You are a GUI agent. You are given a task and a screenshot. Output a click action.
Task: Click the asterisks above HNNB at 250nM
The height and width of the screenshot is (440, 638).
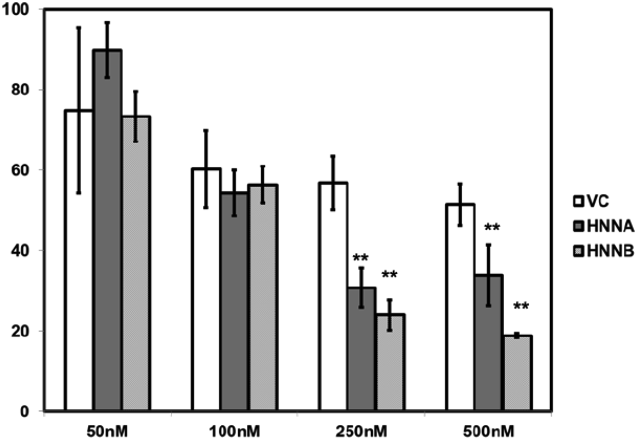click(389, 274)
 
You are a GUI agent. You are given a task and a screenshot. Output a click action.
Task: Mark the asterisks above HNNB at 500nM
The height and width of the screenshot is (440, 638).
click(521, 306)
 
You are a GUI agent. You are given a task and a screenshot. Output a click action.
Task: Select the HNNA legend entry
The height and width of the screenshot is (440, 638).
click(603, 227)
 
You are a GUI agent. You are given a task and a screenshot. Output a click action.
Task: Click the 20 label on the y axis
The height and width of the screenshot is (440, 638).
click(20, 331)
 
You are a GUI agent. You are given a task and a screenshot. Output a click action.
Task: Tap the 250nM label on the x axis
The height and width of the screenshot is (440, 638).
click(361, 432)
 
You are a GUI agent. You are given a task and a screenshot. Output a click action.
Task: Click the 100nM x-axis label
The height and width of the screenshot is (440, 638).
click(234, 432)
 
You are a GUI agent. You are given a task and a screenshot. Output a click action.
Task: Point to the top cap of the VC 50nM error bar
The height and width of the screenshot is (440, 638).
click(78, 28)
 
